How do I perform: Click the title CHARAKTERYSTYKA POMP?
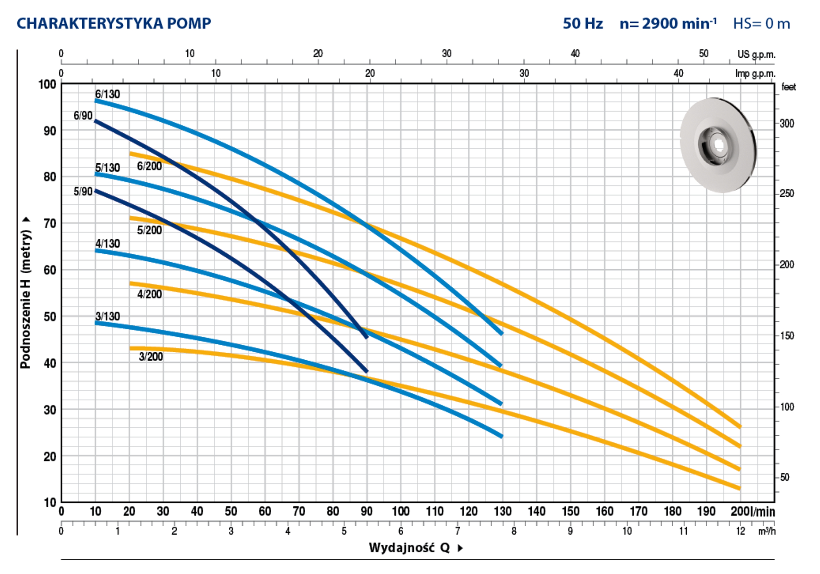114,24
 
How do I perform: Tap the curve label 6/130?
108,94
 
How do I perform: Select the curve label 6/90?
83,116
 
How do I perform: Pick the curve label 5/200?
149,230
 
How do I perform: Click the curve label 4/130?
108,244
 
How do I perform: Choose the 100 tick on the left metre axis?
47,85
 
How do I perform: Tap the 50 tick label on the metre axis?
50,316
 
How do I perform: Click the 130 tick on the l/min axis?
503,512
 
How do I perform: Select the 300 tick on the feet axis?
786,124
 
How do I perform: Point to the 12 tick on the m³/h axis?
740,531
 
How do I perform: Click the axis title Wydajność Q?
409,547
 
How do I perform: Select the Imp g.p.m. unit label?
755,74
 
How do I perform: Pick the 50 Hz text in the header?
583,24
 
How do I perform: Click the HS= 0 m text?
761,24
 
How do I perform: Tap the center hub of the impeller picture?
718,145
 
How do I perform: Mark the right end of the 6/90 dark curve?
366,337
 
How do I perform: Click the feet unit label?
788,87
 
